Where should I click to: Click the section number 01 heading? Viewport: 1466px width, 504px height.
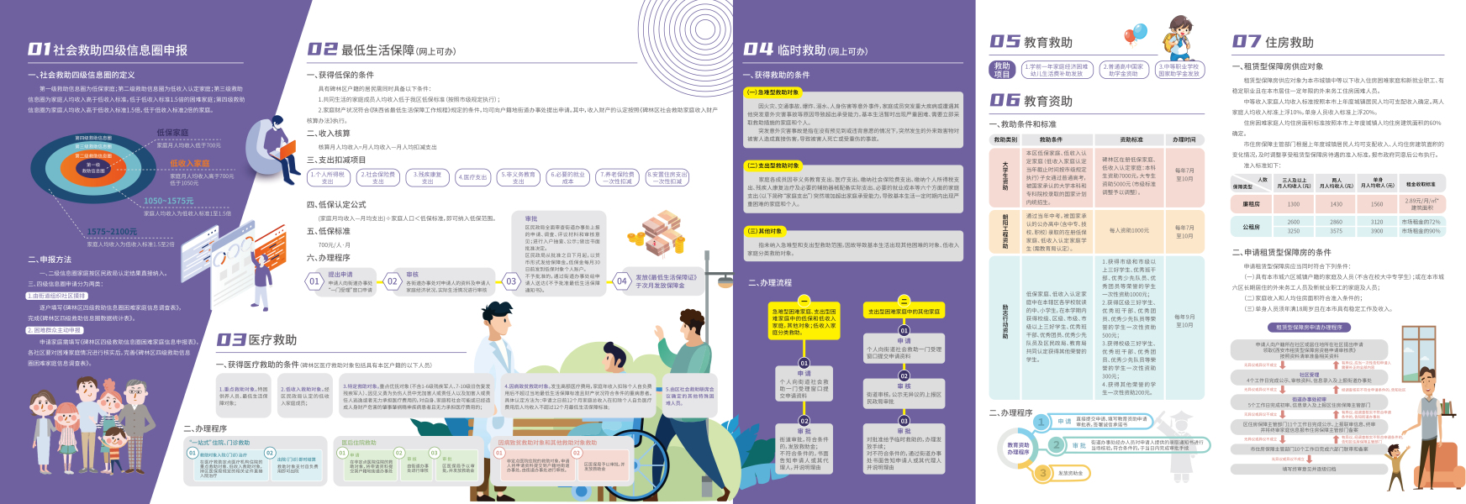click(x=39, y=50)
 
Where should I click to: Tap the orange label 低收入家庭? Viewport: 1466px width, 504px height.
click(x=189, y=164)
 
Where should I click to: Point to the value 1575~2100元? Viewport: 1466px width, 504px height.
click(x=111, y=232)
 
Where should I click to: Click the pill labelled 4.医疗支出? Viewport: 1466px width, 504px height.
click(x=472, y=177)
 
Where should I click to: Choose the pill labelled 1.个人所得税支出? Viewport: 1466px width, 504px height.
click(x=328, y=177)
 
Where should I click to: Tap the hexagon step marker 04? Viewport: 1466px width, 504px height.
click(x=621, y=281)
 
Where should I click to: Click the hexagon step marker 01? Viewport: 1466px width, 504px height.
click(x=314, y=281)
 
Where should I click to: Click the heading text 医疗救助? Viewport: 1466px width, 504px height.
click(x=272, y=339)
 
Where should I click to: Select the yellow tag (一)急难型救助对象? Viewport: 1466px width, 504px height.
click(x=773, y=92)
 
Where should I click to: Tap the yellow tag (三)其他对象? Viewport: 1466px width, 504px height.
click(x=765, y=231)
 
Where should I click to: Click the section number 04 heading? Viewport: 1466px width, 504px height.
click(x=758, y=50)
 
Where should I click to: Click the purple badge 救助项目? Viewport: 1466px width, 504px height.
click(x=1002, y=70)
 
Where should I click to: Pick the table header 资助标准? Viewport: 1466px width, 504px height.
click(x=1131, y=139)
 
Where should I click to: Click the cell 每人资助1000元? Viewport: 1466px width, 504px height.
click(x=1129, y=230)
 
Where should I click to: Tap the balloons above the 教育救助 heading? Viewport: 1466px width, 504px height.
click(x=1135, y=34)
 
